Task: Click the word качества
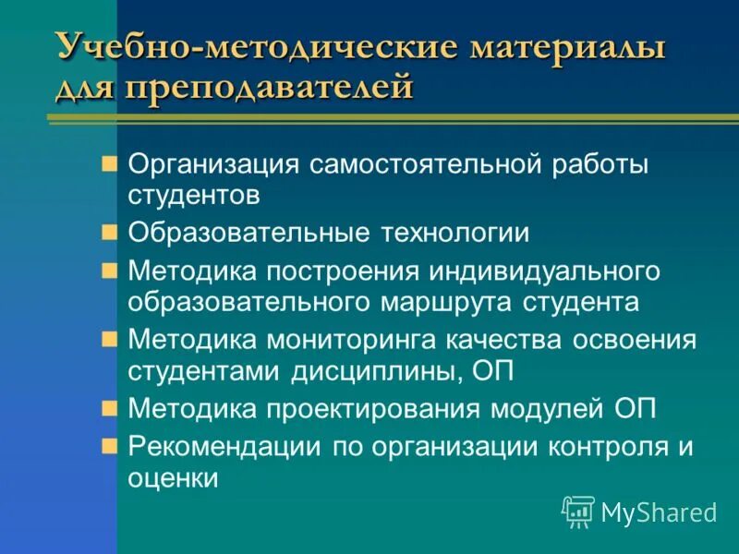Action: point(489,340)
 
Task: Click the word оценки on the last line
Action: point(173,478)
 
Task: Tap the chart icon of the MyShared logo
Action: point(578,511)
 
